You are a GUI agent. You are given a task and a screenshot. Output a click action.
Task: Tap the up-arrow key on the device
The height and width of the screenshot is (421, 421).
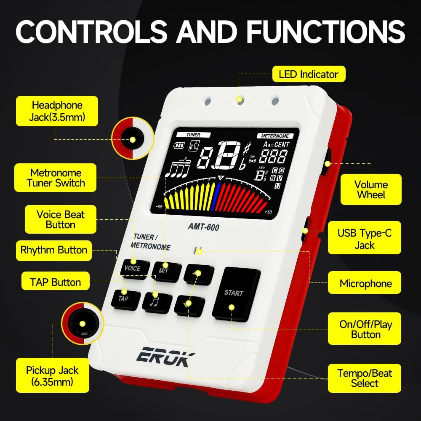point(199,274)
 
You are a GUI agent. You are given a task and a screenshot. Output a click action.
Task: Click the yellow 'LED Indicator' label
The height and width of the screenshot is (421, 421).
point(309,75)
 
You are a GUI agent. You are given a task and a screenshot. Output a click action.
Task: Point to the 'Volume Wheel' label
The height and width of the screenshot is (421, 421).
point(370,189)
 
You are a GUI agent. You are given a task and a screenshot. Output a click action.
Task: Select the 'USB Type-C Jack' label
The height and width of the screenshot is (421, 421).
point(365,239)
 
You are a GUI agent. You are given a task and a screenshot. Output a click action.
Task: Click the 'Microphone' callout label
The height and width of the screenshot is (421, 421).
point(365,284)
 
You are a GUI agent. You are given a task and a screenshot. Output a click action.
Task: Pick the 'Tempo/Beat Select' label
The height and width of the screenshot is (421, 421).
point(365,378)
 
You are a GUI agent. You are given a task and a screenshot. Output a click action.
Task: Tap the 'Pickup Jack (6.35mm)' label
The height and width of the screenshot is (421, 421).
point(52,376)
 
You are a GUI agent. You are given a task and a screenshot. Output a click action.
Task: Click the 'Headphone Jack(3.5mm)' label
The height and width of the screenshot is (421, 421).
point(57,111)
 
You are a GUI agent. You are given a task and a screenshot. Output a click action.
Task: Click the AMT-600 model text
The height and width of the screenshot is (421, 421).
point(203,226)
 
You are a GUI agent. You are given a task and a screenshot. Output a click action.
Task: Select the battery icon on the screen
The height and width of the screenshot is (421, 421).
point(180,146)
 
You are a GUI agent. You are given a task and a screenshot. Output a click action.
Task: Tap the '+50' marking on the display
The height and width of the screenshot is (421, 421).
point(269,212)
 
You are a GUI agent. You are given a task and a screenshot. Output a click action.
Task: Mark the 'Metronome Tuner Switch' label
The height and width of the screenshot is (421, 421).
point(56,178)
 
